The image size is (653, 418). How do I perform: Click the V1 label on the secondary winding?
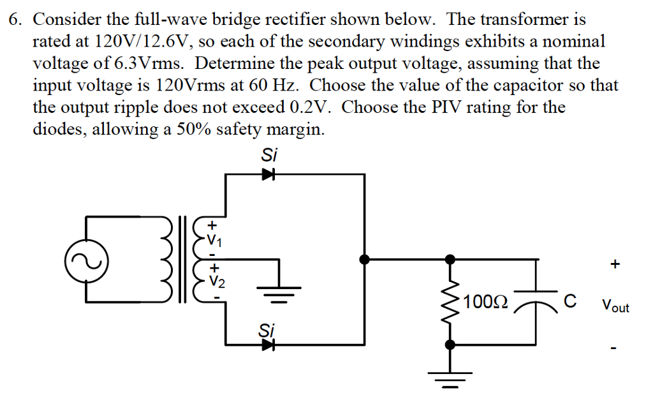[x=216, y=241]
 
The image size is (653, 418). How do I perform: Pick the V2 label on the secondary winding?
[x=216, y=279]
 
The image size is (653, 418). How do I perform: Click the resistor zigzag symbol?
[x=450, y=301]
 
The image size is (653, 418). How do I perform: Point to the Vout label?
[x=614, y=306]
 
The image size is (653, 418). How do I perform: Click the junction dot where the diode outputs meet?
[x=365, y=259]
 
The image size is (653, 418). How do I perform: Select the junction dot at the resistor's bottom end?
[x=450, y=345]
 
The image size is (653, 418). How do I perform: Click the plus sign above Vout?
[x=614, y=264]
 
